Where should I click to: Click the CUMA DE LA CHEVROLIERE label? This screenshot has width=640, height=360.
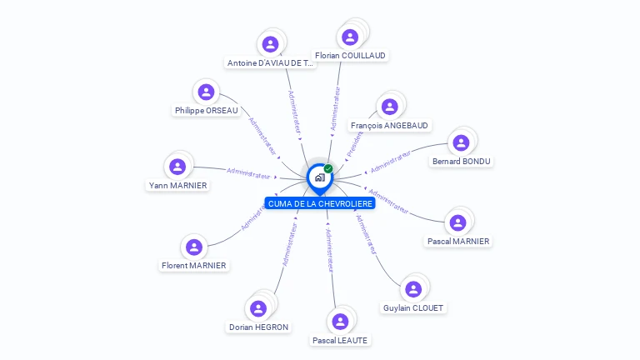coord(320,203)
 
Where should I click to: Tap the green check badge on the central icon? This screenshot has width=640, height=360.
coord(328,168)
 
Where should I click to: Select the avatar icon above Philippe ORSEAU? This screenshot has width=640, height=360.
coord(206,92)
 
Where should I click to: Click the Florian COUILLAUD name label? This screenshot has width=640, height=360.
coord(352,55)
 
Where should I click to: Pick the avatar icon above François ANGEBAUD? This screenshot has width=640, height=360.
coord(388,107)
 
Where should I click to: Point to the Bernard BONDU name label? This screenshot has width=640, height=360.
coord(462,161)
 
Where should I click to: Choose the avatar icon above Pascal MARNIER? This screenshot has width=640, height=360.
coord(457,222)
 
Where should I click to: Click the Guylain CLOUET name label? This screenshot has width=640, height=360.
coord(413,307)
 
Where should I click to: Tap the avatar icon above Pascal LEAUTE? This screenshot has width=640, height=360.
coord(339,321)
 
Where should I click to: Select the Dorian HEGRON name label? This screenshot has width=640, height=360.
coord(259,327)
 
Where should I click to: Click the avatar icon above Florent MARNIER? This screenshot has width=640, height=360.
coord(194,247)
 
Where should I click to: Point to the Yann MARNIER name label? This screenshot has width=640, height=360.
coord(177,185)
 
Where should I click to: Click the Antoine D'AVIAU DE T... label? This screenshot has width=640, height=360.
coord(271,62)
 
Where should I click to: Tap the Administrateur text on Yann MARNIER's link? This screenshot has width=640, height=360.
coord(248,173)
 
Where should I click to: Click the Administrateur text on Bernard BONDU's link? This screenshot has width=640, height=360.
coord(391,162)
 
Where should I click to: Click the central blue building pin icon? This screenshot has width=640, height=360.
coord(318,177)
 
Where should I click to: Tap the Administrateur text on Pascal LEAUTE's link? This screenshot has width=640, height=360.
coord(329,248)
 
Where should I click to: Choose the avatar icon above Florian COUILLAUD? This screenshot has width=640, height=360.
coord(350,37)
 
